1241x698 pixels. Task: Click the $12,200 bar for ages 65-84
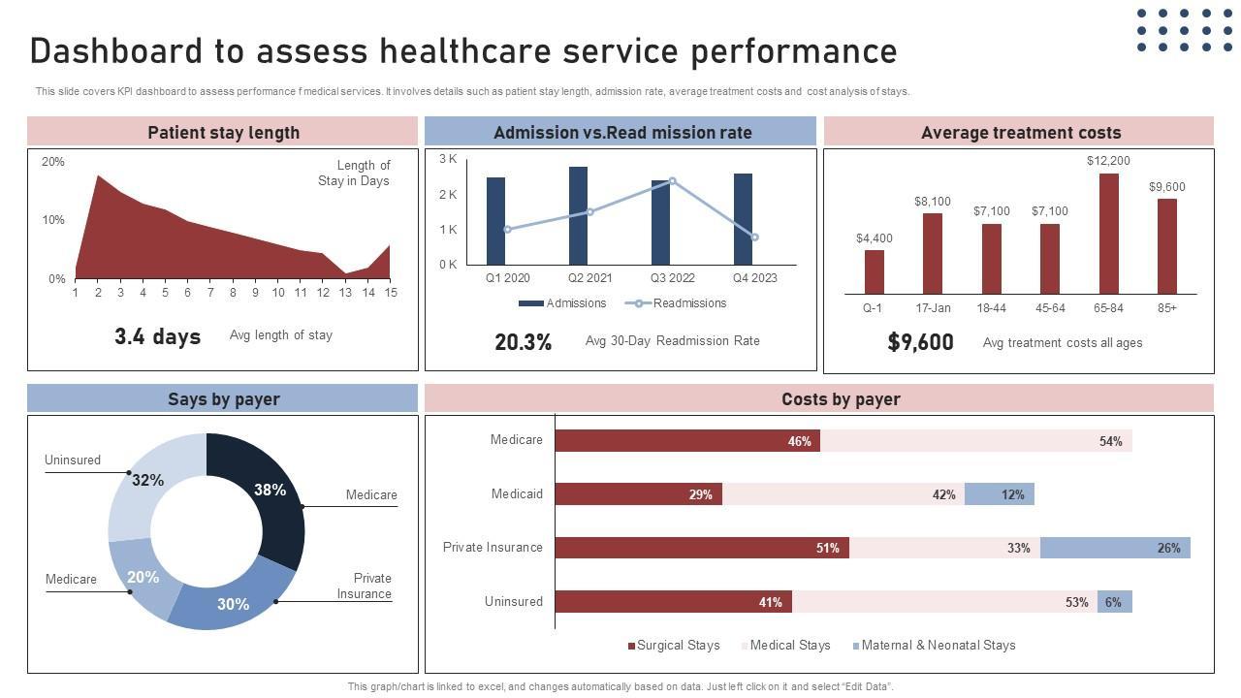tap(1108, 234)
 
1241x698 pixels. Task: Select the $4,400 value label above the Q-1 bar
tap(875, 238)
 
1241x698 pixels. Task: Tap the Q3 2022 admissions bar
tap(660, 222)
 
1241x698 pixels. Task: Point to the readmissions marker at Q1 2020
tap(507, 230)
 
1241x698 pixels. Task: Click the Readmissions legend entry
tap(677, 303)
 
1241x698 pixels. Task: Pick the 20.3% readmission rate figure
tap(523, 342)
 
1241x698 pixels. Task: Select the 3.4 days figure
tap(157, 336)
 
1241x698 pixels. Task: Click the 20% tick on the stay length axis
tap(53, 162)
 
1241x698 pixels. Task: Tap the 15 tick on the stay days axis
tap(390, 293)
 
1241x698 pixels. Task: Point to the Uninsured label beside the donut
tap(73, 460)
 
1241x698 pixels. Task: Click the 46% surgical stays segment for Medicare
tap(687, 441)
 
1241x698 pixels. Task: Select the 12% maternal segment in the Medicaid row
tap(999, 494)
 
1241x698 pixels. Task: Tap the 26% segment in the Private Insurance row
tap(1115, 548)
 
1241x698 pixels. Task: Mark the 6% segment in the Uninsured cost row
tap(1114, 602)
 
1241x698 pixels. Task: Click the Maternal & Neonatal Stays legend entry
tap(934, 646)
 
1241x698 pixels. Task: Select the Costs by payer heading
tap(841, 399)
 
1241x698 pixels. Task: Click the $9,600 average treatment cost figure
tap(920, 342)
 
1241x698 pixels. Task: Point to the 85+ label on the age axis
tap(1166, 308)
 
